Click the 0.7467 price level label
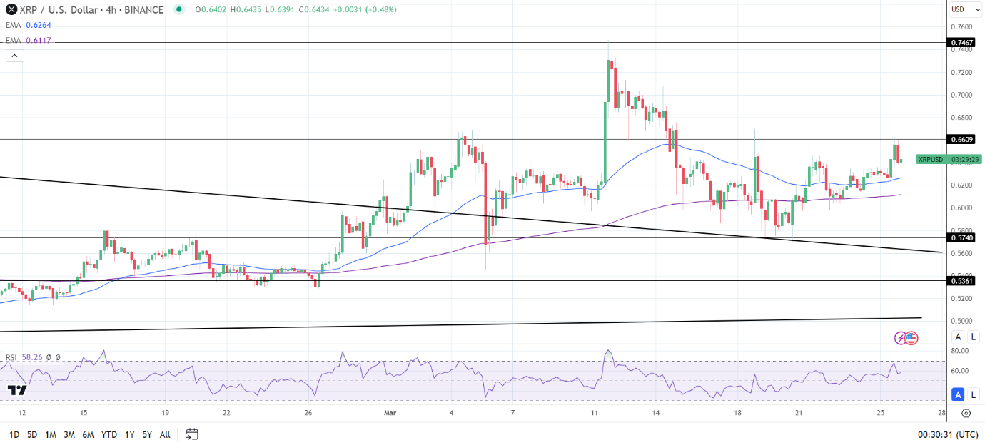[962, 43]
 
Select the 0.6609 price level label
[962, 139]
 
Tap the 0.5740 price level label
[962, 237]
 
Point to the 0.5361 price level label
[962, 281]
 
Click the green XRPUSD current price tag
[931, 159]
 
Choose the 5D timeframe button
[32, 434]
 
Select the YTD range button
[109, 434]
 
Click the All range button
[165, 434]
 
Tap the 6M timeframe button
[88, 434]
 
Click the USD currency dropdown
[961, 9]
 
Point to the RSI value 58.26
[31, 357]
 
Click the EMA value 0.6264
[39, 25]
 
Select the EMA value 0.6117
[39, 40]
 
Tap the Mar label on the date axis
[390, 413]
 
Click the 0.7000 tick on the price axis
[961, 95]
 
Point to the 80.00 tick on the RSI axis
[959, 351]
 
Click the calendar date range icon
[191, 434]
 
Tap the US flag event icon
[911, 338]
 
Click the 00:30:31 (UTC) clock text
[947, 434]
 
